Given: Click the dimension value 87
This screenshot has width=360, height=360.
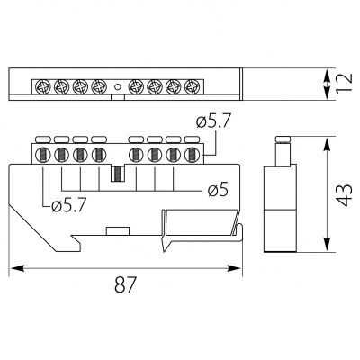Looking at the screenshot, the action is [x=125, y=284].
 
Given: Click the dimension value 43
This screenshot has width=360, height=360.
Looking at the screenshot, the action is [x=344, y=194].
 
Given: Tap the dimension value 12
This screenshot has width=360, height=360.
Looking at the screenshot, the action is [x=344, y=82].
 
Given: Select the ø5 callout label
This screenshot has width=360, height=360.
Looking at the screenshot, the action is [x=218, y=190].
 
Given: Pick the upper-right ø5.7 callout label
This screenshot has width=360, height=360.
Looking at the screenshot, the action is [x=213, y=122].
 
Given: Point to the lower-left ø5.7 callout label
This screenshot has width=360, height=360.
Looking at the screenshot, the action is [x=69, y=206].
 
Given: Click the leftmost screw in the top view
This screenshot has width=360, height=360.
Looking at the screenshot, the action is [x=42, y=86].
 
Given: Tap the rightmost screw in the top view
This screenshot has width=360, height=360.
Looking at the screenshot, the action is [x=191, y=86].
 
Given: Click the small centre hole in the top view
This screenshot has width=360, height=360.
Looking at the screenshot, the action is [x=118, y=87].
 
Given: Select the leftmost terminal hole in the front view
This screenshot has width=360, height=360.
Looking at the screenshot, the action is [x=42, y=155].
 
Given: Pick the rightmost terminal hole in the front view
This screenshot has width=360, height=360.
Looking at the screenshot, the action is [x=191, y=155].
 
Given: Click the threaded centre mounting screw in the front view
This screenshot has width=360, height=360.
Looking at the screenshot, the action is [x=118, y=174].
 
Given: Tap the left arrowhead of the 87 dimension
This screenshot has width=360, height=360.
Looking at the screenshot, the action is [x=17, y=268].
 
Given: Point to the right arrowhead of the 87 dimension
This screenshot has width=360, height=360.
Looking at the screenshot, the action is [x=234, y=268].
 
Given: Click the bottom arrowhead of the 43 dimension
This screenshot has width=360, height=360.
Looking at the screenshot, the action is [x=327, y=245].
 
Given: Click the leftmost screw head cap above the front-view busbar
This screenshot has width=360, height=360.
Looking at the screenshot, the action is [x=43, y=139].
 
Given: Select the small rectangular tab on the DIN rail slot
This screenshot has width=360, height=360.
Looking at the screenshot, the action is [x=118, y=231].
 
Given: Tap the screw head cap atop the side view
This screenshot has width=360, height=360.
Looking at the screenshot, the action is [x=283, y=139].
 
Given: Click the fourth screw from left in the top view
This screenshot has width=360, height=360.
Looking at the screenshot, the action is [x=98, y=86].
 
